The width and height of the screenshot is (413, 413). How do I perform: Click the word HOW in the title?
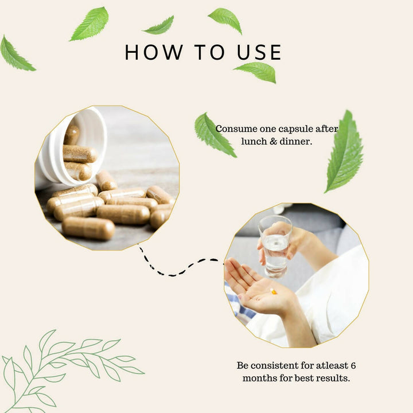click(154, 52)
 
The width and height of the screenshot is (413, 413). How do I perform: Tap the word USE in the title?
click(259, 52)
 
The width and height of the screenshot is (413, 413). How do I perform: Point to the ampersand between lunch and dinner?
click(274, 142)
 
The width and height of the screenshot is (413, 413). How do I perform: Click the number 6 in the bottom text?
click(353, 365)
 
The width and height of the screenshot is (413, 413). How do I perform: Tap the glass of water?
click(275, 246)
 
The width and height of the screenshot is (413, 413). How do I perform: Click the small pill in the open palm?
click(274, 291)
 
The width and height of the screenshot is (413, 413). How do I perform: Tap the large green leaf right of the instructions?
click(345, 152)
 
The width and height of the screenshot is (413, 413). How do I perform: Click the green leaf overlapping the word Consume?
click(213, 135)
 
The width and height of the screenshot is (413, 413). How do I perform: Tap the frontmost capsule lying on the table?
click(88, 228)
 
